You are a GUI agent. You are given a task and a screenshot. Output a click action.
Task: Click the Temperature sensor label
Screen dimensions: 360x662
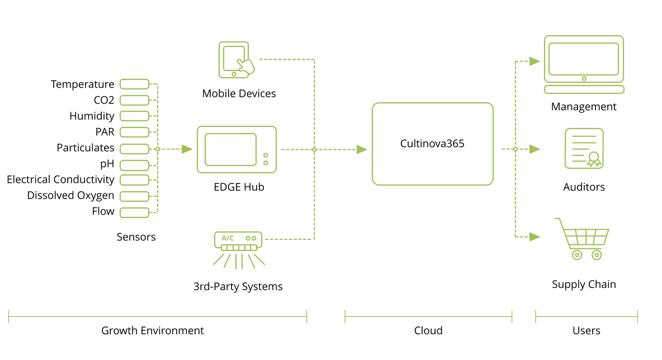tap(82, 84)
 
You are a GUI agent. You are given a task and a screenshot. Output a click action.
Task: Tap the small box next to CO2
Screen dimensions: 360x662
tap(135, 100)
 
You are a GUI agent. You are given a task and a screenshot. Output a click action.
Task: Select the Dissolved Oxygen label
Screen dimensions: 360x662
tap(70, 196)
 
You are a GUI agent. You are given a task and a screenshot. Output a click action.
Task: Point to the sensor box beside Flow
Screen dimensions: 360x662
tap(135, 212)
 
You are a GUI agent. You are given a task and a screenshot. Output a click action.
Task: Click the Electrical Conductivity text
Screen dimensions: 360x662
tap(60, 179)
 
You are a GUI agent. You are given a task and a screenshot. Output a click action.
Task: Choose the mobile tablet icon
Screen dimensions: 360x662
tap(235, 60)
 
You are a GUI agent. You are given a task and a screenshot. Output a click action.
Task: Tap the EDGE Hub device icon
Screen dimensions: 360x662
tap(237, 149)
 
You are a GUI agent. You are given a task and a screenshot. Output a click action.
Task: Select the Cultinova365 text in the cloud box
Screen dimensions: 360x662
tap(432, 144)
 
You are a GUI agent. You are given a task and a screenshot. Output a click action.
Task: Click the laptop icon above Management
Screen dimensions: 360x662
tap(584, 64)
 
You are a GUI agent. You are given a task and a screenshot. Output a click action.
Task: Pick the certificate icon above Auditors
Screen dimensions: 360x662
tap(584, 148)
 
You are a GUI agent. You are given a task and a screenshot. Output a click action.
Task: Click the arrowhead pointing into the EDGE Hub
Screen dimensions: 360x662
tap(187, 149)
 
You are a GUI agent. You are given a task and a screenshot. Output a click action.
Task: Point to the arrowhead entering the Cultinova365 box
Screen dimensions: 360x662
tap(362, 149)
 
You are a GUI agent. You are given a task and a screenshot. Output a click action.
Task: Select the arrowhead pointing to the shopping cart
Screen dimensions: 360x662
tap(535, 237)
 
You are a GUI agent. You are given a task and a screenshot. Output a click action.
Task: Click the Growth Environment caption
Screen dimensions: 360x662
tap(152, 330)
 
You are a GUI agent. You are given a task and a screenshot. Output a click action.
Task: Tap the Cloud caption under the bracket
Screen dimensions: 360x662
tap(428, 330)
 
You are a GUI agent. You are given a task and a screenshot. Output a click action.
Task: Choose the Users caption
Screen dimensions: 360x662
tap(587, 330)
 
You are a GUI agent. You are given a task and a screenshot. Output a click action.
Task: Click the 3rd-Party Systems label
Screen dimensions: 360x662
tap(238, 287)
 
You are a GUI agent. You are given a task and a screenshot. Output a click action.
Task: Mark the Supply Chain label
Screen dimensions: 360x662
tap(584, 284)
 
